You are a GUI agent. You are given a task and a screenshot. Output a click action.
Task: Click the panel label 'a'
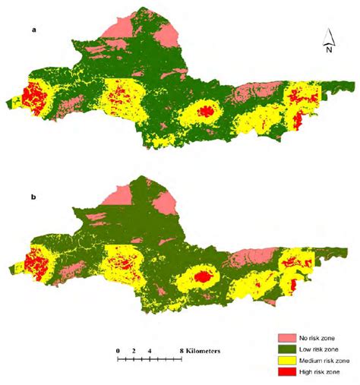pyautogui.click(x=33, y=30)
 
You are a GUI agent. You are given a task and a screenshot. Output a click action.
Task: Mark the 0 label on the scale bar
pyautogui.click(x=118, y=351)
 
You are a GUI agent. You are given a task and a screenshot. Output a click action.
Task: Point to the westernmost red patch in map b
pyautogui.click(x=34, y=266)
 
